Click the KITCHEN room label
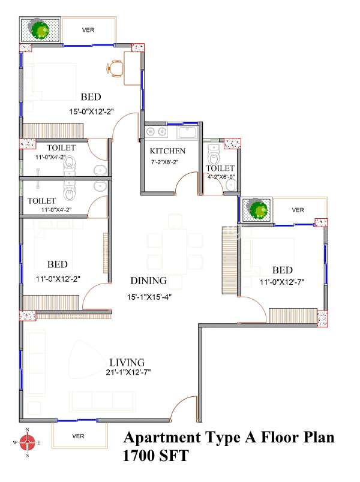(167, 151)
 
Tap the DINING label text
(149, 281)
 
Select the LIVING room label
(127, 363)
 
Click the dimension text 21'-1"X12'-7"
(128, 372)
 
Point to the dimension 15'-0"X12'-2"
(91, 112)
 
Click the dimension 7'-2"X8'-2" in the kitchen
(165, 162)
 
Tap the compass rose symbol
(28, 442)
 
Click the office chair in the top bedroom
(115, 69)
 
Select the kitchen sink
(187, 132)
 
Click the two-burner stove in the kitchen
(157, 132)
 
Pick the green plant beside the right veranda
(258, 209)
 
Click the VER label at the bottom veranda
(78, 436)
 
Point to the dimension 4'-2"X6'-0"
(221, 177)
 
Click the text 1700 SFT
(155, 456)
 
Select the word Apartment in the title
(162, 438)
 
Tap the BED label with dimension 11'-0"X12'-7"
(283, 270)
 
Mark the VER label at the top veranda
(88, 30)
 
